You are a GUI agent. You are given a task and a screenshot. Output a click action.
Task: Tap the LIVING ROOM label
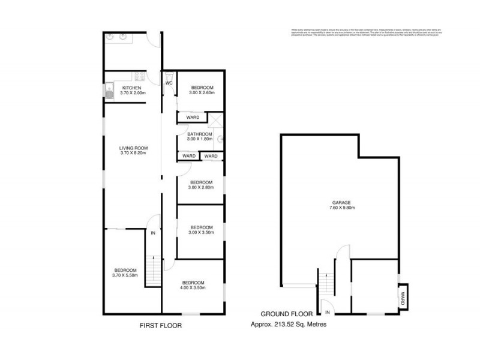point(133,148)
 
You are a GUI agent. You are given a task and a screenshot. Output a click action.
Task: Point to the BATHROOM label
point(199,134)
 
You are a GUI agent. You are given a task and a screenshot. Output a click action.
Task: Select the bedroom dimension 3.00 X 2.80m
point(202,188)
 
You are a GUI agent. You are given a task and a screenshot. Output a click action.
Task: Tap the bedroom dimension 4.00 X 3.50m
point(193,288)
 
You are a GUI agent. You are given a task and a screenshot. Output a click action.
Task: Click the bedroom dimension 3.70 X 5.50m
point(126,275)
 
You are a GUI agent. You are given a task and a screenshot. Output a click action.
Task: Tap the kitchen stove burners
point(140,77)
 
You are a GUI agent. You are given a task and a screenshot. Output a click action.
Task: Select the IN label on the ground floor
point(328,313)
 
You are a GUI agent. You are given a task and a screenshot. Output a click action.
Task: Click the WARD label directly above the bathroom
point(192,117)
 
